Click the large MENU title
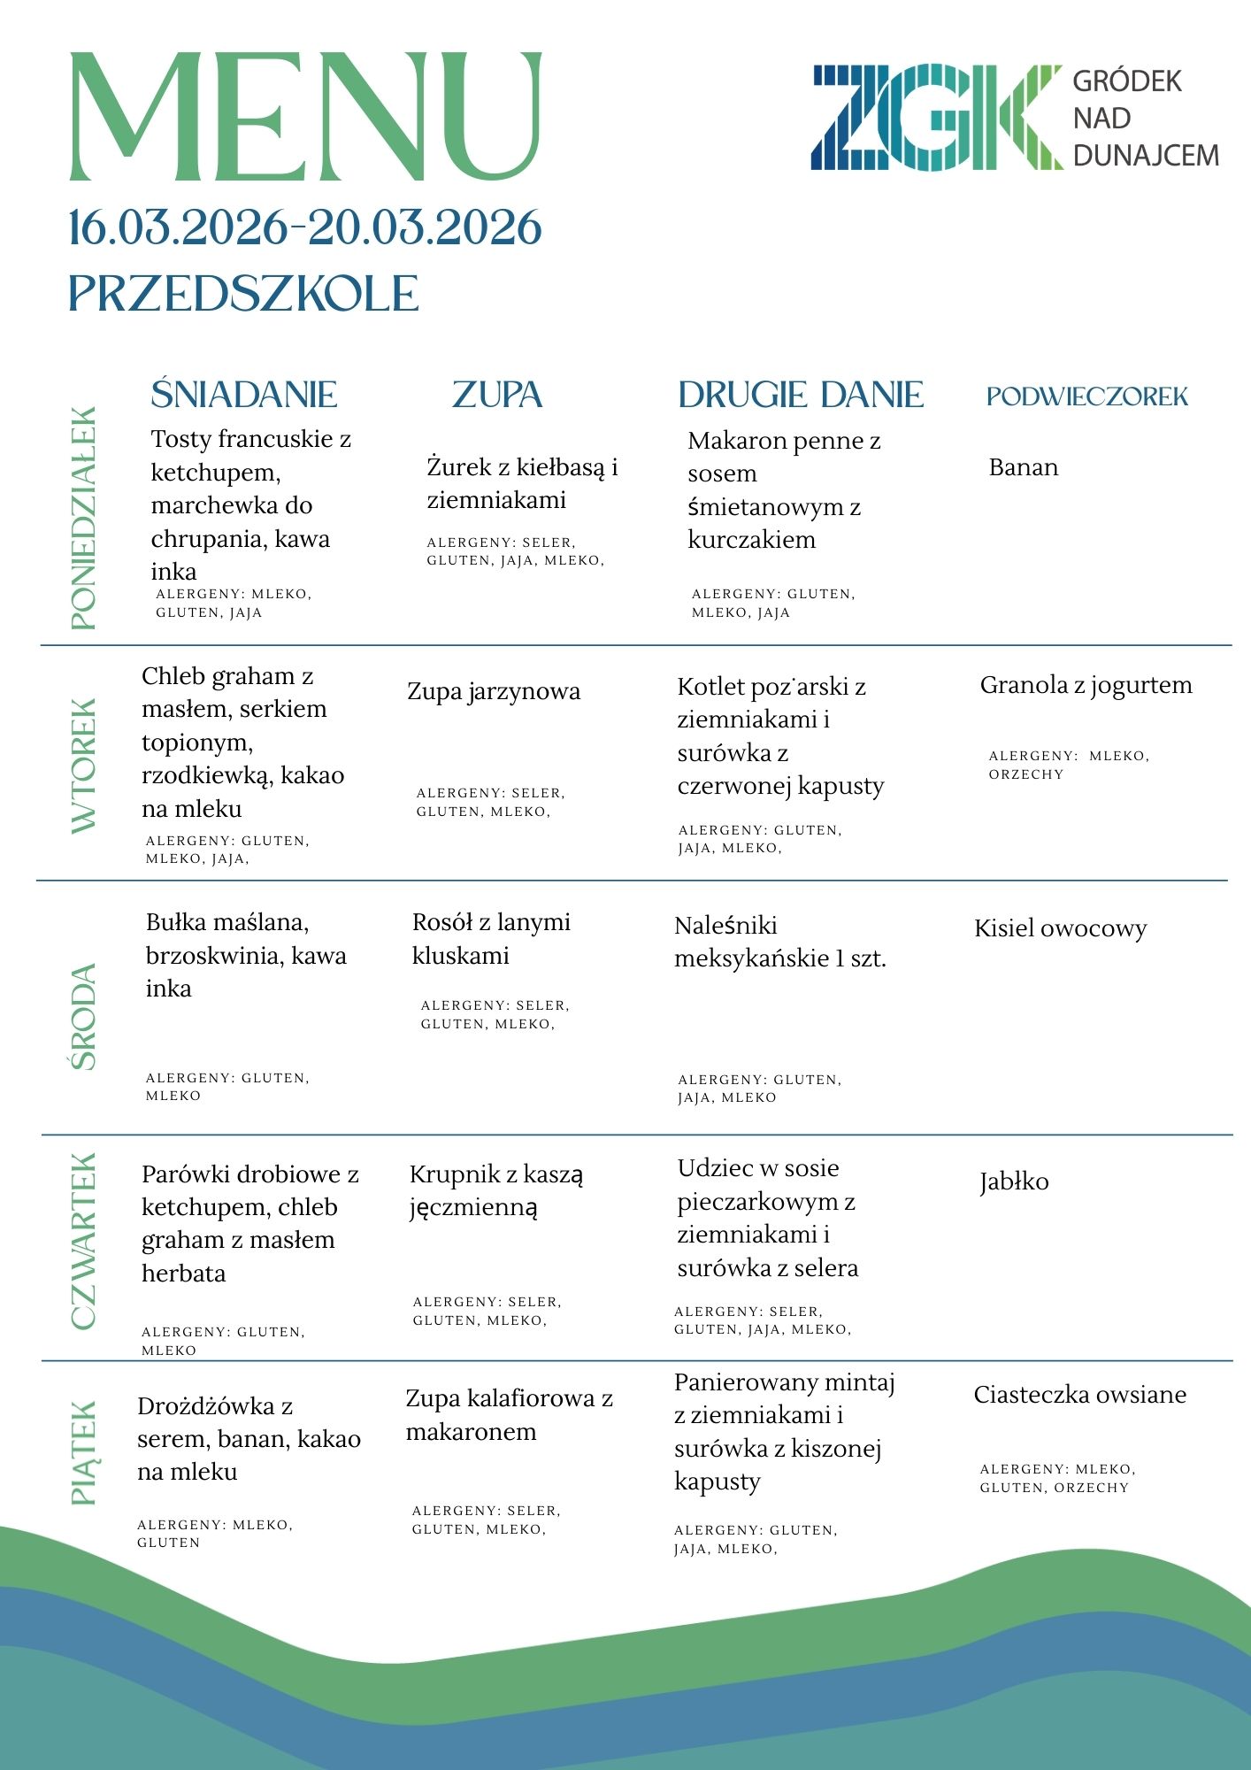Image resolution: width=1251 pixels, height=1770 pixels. click(x=305, y=117)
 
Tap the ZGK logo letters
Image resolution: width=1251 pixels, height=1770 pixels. click(x=936, y=117)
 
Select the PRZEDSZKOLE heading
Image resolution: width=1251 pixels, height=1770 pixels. click(x=243, y=294)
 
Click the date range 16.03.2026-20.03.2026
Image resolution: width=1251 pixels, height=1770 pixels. click(x=305, y=228)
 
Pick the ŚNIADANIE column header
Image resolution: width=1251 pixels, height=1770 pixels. click(x=244, y=395)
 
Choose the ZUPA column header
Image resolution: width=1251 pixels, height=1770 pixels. click(x=497, y=395)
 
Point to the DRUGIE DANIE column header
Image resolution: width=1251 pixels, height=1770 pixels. click(x=801, y=395)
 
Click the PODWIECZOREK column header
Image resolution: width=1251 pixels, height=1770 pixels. click(x=1087, y=396)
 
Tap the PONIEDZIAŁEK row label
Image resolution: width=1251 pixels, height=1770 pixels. click(x=83, y=518)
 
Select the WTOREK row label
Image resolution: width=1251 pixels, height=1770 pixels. click(x=83, y=766)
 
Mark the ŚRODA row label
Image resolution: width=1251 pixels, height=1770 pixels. click(x=83, y=1017)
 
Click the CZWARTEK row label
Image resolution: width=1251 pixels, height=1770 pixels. click(x=83, y=1241)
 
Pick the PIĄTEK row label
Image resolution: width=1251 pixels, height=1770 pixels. click(x=83, y=1452)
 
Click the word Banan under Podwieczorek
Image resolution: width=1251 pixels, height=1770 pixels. click(x=1024, y=467)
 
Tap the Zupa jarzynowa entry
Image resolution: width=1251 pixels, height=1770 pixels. click(x=494, y=691)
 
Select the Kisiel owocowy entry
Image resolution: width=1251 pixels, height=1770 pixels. click(x=1060, y=928)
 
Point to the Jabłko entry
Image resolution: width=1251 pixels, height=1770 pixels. click(x=1014, y=1182)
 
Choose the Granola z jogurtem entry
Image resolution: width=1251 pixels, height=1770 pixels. click(x=1086, y=685)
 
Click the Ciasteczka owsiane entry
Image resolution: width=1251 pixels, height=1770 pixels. click(x=1079, y=1395)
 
